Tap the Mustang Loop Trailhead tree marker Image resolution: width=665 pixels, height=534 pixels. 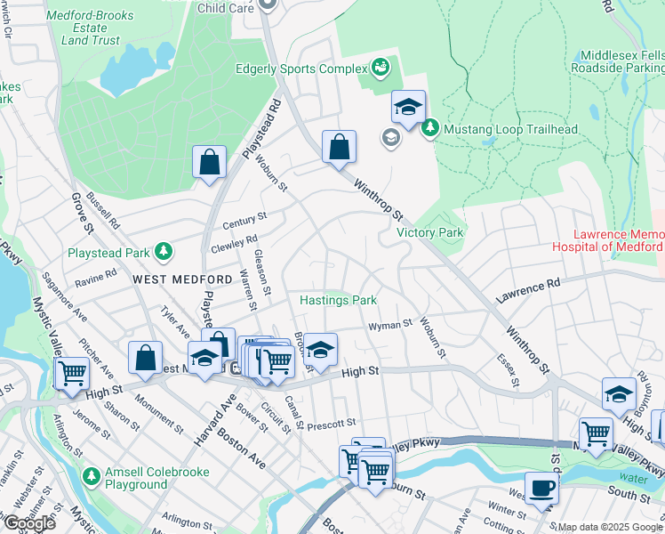coord(430,129)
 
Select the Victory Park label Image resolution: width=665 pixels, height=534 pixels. coord(430,232)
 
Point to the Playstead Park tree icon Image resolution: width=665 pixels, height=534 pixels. coord(163,252)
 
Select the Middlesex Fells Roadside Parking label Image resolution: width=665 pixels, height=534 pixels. coord(617,61)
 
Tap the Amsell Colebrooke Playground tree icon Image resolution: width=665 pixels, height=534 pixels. coord(92,477)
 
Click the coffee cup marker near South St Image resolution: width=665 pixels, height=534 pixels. coord(541,488)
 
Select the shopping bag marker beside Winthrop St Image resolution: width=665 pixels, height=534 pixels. coord(339,147)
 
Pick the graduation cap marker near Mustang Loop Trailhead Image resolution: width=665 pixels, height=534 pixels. coord(408,108)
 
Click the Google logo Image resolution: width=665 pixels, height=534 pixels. coord(29,522)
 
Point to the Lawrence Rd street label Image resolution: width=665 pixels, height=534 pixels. coord(529,289)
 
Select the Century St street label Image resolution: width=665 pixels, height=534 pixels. coord(244,218)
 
